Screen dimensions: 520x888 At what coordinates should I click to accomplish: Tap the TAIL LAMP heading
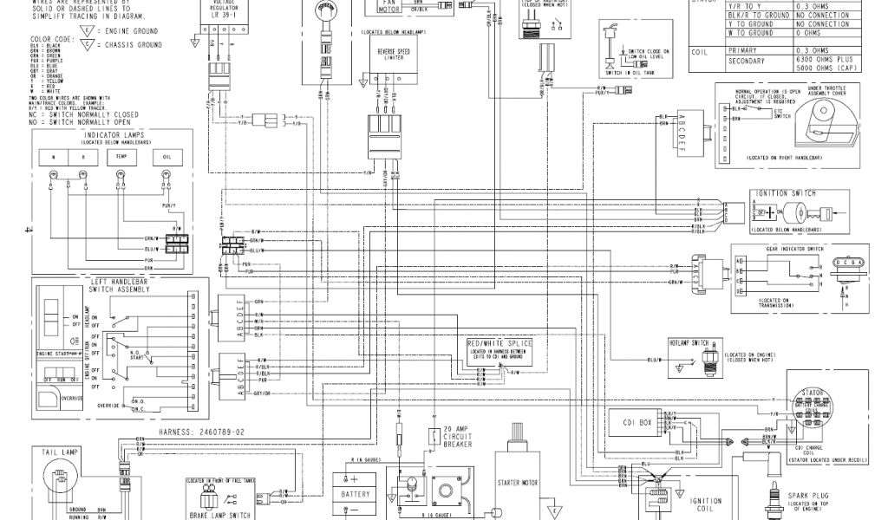pyautogui.click(x=57, y=452)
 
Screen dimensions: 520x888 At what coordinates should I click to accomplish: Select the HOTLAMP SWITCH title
pyautogui.click(x=689, y=342)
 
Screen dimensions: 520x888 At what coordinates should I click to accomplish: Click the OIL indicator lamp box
pyautogui.click(x=166, y=157)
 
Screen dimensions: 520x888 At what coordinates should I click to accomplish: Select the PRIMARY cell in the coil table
pyautogui.click(x=752, y=51)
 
